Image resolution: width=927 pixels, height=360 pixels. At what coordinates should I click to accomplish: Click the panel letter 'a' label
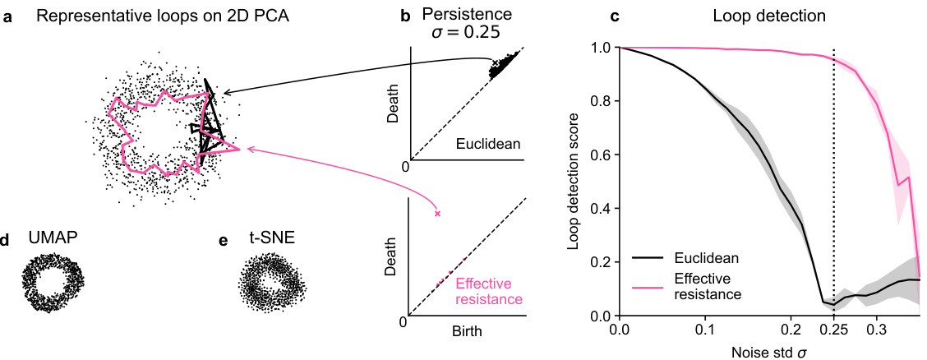click(7, 17)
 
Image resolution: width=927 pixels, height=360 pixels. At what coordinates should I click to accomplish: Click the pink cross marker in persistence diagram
click(437, 214)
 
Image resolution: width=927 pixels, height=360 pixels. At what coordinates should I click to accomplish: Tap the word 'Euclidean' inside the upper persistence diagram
click(490, 144)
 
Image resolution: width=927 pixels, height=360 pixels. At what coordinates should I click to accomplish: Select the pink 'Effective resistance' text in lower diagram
click(489, 291)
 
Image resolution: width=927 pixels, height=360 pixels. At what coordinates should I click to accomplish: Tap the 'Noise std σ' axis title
click(768, 351)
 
